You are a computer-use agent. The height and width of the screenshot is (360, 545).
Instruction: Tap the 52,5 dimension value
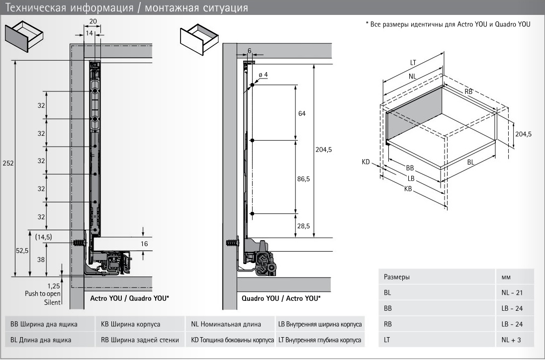tap(21, 251)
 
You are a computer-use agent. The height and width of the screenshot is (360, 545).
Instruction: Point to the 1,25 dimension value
tap(54, 286)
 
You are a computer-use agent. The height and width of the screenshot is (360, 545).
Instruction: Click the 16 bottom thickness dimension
tap(144, 244)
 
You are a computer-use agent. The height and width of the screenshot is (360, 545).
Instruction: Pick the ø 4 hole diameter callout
tap(263, 75)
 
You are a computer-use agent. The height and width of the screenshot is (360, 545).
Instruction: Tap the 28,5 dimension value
tap(303, 226)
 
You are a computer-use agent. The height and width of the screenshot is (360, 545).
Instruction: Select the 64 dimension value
tap(302, 113)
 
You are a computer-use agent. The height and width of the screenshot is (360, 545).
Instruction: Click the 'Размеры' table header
tap(395, 277)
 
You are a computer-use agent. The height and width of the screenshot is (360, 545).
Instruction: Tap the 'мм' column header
tap(506, 277)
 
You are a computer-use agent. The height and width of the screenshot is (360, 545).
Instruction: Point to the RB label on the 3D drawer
tap(468, 91)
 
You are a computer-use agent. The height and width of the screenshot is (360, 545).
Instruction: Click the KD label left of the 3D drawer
tap(366, 162)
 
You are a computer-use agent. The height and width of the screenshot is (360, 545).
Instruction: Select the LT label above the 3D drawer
tap(413, 63)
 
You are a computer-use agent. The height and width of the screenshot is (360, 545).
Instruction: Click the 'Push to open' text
tap(43, 294)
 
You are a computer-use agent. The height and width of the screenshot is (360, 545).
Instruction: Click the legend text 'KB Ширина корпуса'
tap(130, 325)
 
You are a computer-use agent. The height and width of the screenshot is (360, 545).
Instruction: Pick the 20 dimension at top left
tap(92, 21)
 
